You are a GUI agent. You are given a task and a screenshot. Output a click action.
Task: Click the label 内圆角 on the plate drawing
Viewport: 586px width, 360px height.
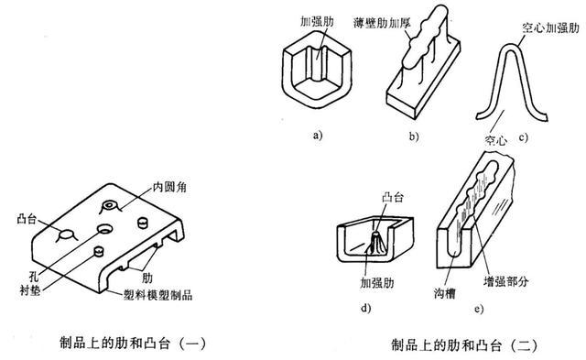pos(169,187)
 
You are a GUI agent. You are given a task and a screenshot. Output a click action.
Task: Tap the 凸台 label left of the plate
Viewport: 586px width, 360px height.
pos(27,219)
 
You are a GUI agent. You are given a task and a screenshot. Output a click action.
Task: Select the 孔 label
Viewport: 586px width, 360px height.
pos(34,277)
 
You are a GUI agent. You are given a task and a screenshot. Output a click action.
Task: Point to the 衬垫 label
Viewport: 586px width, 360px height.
pos(30,290)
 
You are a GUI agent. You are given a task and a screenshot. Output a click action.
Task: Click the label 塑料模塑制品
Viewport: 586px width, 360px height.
pos(157,295)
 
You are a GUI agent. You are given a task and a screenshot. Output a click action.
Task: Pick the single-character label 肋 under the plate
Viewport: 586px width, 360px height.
pos(147,278)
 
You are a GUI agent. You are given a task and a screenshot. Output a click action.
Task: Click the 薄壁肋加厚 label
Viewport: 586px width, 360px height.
pos(382,23)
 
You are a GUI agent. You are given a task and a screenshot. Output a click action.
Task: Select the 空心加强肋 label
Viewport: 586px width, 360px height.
pos(550,27)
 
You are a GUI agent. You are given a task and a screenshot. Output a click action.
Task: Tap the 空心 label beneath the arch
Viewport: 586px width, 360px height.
pos(495,140)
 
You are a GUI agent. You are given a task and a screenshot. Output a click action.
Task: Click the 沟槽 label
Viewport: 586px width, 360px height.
pos(445,293)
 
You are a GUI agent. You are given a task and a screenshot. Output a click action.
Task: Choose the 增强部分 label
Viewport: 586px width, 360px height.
pos(505,281)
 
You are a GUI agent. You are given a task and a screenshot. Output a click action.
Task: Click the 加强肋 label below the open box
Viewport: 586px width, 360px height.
pos(377,283)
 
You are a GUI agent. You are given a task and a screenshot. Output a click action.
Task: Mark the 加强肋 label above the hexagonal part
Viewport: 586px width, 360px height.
pos(317,22)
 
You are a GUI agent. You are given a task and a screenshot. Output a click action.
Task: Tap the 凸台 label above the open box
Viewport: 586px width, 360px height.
pos(393,197)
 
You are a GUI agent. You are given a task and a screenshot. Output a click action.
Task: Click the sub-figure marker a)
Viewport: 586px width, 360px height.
pos(318,135)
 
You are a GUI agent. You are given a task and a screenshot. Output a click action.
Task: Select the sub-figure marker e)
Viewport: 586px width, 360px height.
pos(479,309)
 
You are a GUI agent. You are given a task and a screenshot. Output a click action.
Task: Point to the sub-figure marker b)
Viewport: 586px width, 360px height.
pos(413,136)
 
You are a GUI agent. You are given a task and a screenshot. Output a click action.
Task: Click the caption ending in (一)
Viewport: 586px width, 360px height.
pos(133,344)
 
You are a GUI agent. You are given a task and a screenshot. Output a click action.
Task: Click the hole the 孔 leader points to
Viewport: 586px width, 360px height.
pos(104,228)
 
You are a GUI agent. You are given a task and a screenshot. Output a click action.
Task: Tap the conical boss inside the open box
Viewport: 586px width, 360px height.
pos(374,244)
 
